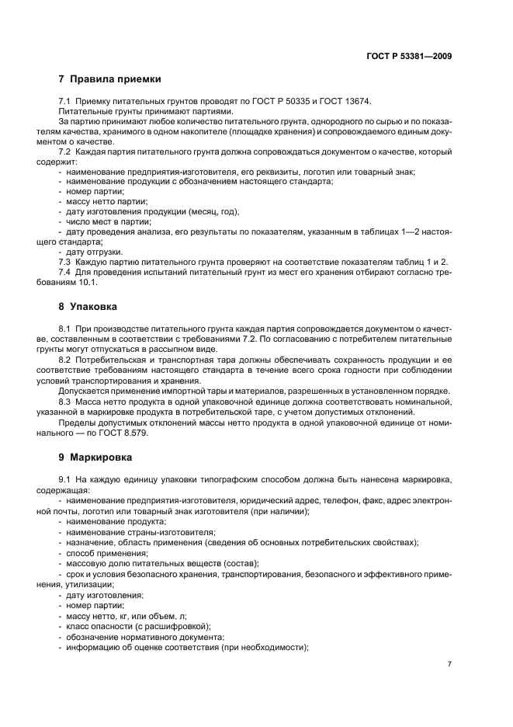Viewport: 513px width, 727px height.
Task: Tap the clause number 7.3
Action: coord(65,262)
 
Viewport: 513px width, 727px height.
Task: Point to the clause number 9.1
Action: coord(65,482)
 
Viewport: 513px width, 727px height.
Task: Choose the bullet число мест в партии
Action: coord(108,221)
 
